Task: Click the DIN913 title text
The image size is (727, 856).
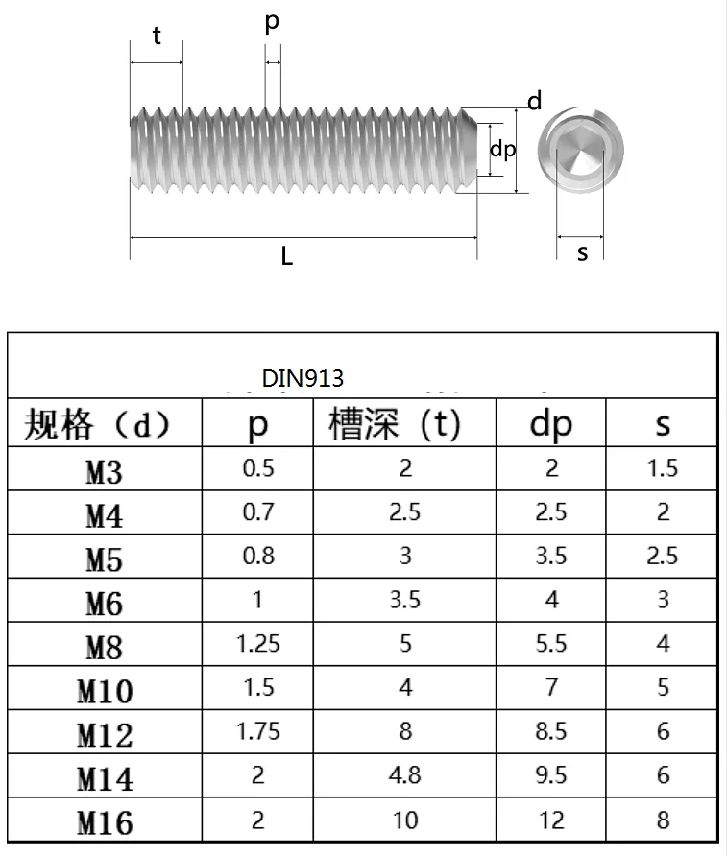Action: click(x=303, y=379)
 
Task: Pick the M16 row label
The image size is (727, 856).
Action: click(x=104, y=822)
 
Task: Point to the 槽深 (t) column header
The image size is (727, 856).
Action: click(x=395, y=424)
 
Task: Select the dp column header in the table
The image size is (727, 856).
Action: click(x=550, y=424)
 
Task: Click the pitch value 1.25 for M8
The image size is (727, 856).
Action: click(x=257, y=643)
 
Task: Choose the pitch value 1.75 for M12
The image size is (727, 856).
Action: click(x=257, y=731)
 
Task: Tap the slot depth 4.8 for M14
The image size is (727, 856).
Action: click(x=405, y=774)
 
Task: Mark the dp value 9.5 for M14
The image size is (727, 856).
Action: click(x=550, y=774)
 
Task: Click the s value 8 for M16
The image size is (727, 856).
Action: click(x=663, y=820)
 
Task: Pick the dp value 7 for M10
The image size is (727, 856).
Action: click(x=550, y=687)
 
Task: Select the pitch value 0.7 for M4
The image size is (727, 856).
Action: click(x=257, y=511)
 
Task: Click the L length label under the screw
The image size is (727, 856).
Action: click(x=286, y=256)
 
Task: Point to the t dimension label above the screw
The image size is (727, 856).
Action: click(x=156, y=36)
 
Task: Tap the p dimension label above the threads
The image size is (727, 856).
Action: click(x=272, y=23)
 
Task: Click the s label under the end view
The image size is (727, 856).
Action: click(x=582, y=253)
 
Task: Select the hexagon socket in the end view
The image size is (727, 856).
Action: click(x=582, y=151)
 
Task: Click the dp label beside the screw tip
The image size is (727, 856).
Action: click(x=503, y=150)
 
